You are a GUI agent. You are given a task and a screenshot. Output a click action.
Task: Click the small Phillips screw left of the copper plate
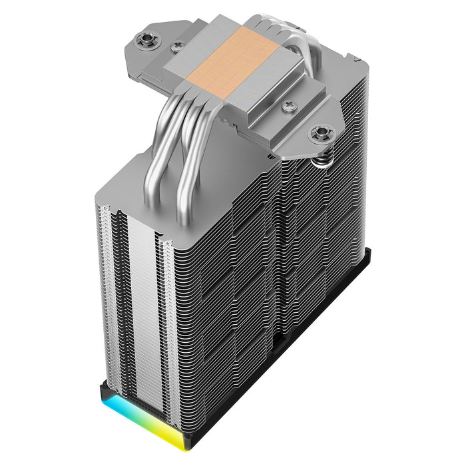pos(176,48)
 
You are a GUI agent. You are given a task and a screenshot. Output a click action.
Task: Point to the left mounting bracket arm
pos(143,50)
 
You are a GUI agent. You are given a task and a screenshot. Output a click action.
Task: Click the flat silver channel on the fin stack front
pos(140,306)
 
